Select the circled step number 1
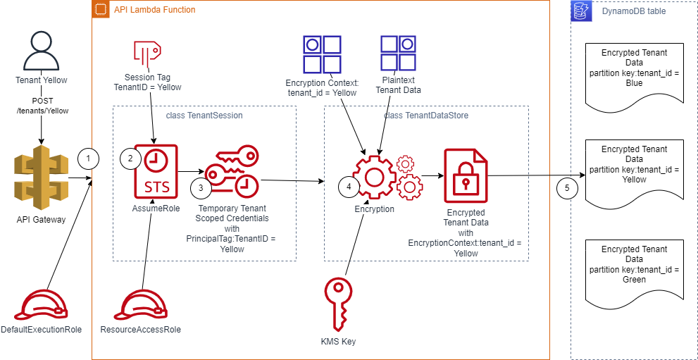[x=87, y=159]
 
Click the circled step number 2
[x=130, y=159]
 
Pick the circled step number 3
[x=201, y=188]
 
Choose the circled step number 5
[x=566, y=188]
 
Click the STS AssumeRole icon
[x=156, y=173]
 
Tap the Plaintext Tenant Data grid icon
[x=399, y=54]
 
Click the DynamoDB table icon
[x=581, y=12]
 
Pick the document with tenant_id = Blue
[x=634, y=73]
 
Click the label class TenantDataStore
[x=425, y=115]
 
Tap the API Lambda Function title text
[x=154, y=10]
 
